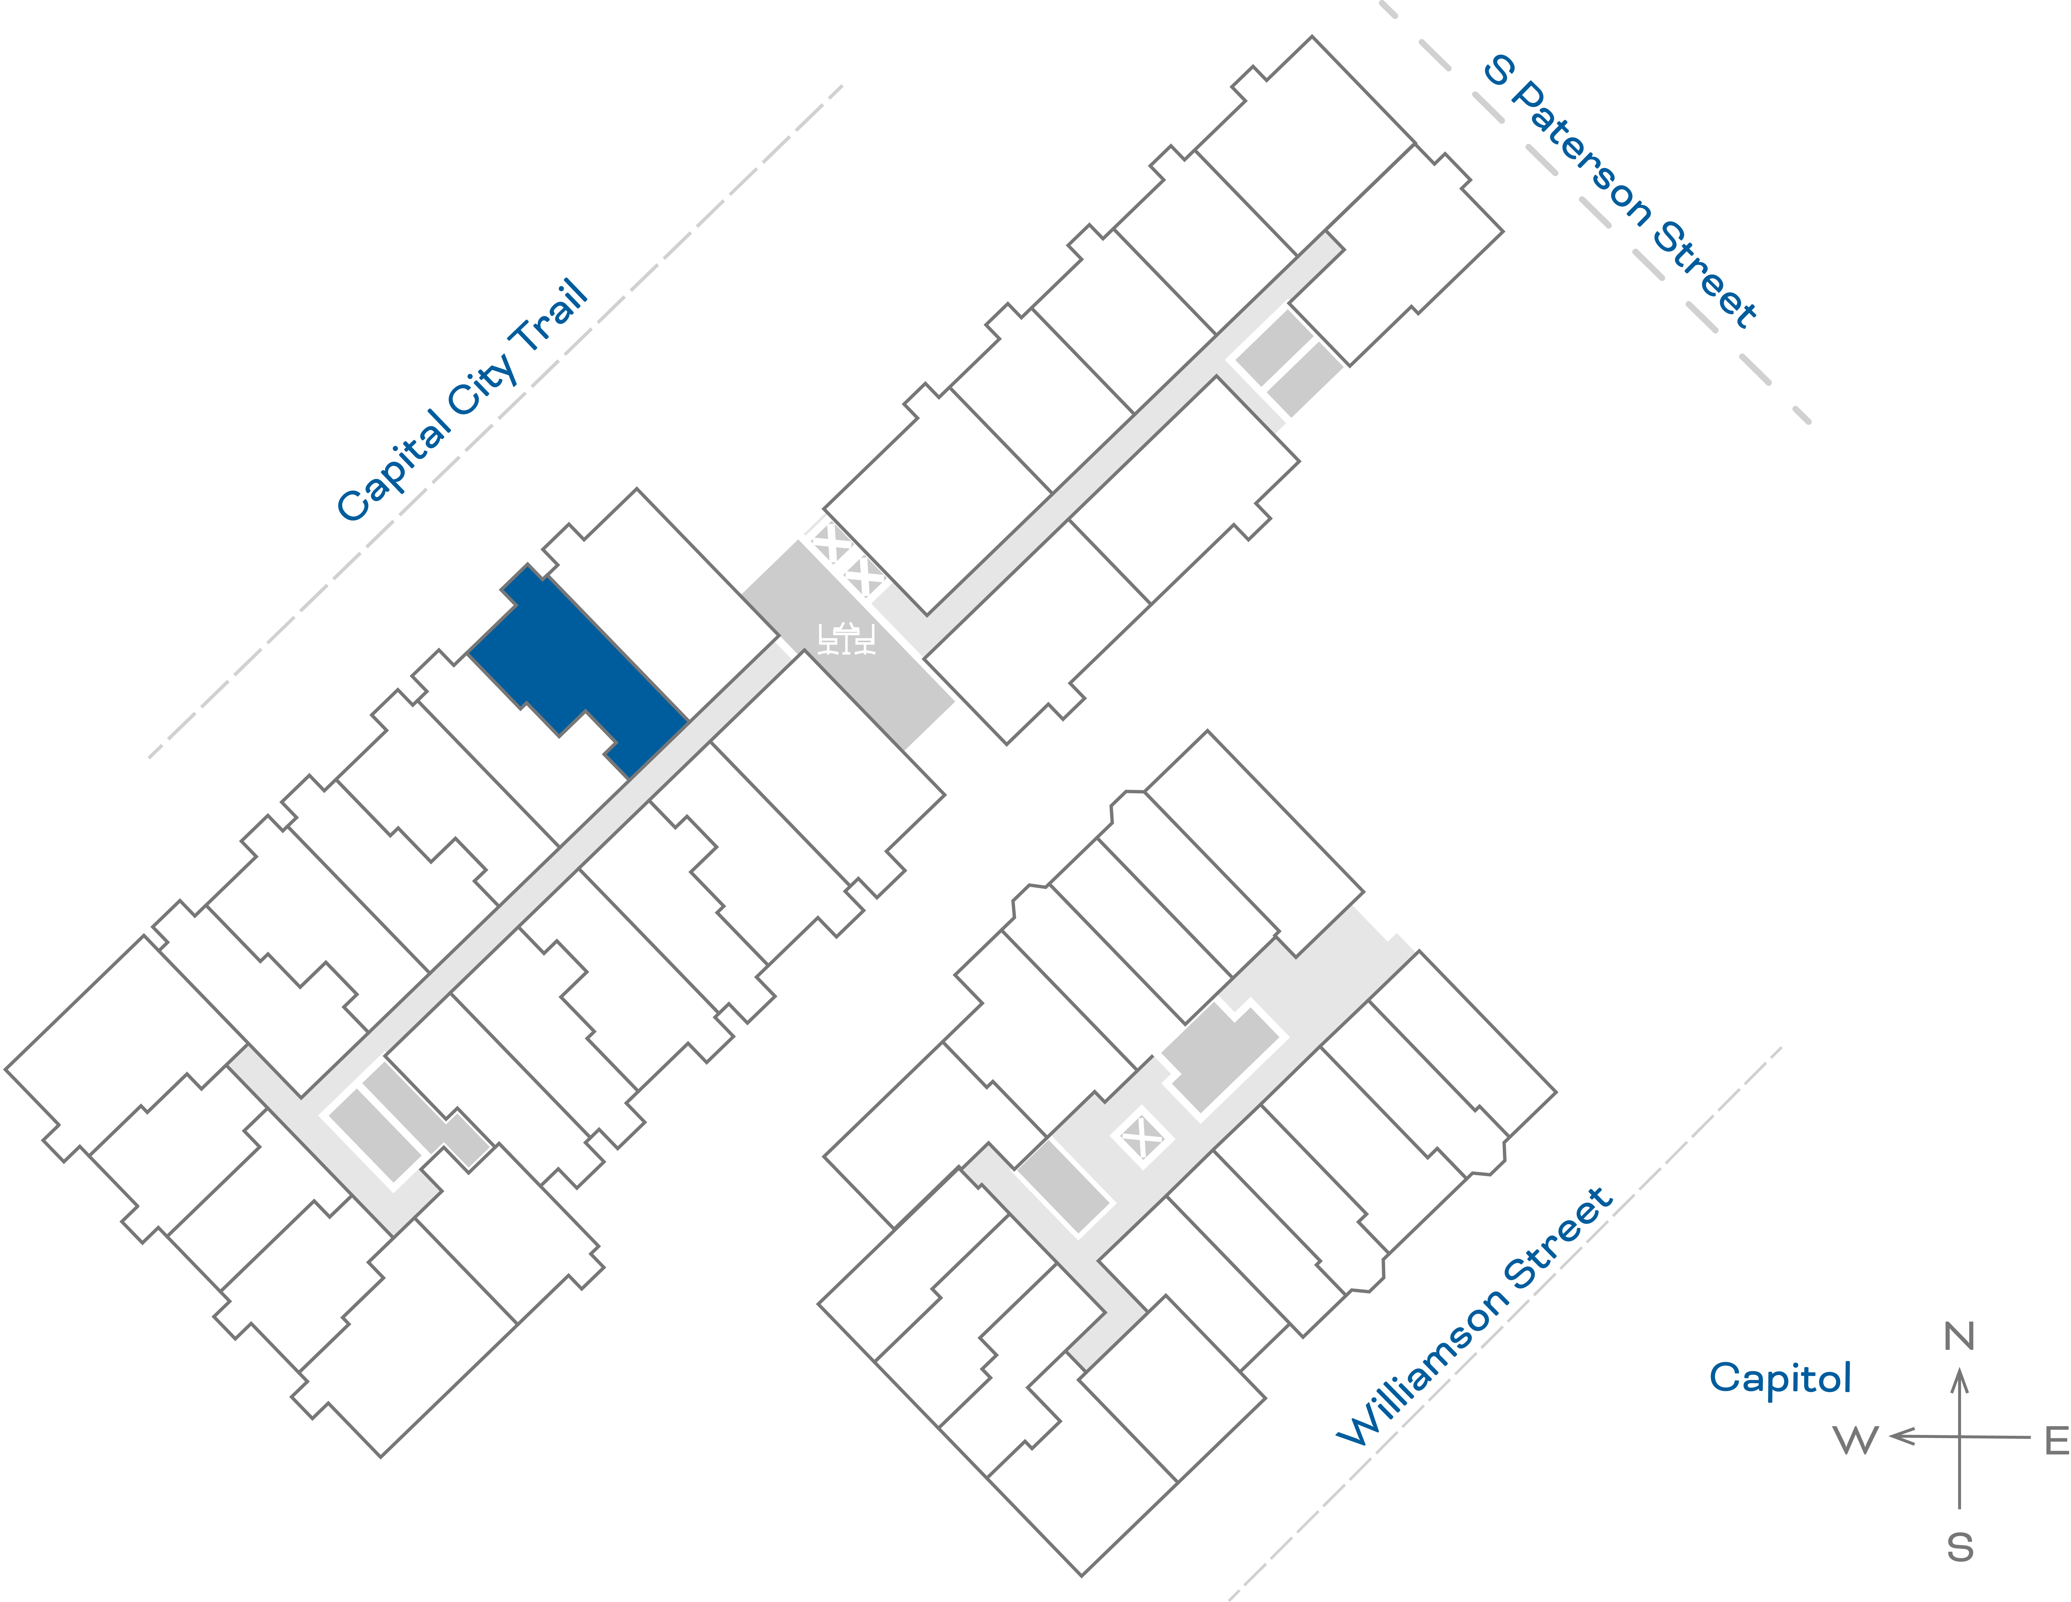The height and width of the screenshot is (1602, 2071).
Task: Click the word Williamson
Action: pos(1422,1365)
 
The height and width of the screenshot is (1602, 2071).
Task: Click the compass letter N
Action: pos(1959,1337)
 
